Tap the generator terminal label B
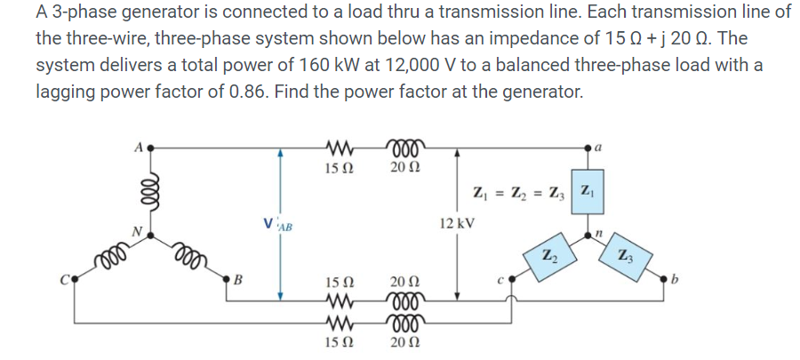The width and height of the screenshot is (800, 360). click(236, 284)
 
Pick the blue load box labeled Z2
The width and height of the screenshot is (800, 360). click(548, 258)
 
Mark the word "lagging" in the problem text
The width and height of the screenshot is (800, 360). click(66, 91)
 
